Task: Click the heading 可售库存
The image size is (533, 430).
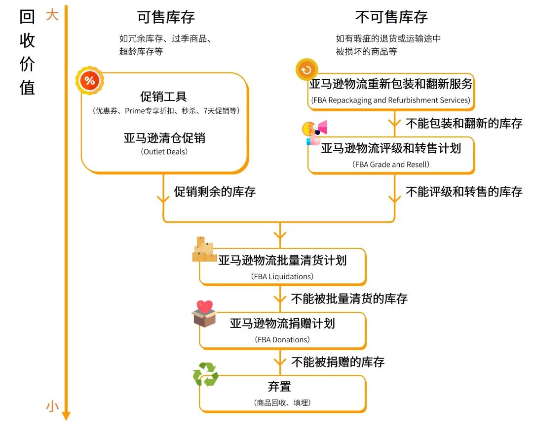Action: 166,17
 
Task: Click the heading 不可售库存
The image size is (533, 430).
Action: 391,17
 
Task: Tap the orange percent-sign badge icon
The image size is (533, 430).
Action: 89,81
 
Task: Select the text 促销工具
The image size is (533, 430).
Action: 163,97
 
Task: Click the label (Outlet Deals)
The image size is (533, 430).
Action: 164,152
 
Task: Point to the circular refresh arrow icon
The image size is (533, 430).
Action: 306,69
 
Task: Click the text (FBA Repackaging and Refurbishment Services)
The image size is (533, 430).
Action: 390,100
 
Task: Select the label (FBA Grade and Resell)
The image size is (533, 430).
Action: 391,165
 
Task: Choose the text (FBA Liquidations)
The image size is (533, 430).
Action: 282,276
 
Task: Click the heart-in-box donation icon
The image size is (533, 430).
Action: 205,313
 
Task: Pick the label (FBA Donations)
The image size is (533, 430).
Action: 282,339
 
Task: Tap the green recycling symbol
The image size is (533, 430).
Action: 205,375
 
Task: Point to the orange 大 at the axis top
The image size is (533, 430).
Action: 52,15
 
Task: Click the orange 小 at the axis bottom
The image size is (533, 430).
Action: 52,406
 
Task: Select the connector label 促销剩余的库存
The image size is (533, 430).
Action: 215,192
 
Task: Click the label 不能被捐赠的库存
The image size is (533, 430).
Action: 338,362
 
